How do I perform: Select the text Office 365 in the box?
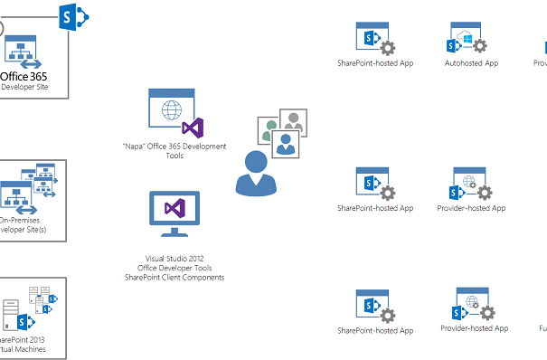(24, 77)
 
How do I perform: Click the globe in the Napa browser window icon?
(170, 112)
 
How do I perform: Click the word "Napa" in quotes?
(134, 147)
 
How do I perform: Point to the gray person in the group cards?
(291, 121)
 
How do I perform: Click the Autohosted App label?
(471, 63)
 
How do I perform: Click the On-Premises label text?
(22, 220)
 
